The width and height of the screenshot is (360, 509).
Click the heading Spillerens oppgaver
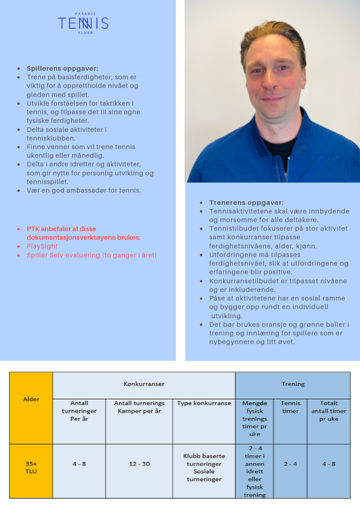tap(62, 68)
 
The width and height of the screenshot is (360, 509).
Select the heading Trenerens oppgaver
tap(246, 203)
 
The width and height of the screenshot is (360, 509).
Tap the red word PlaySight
tap(42, 246)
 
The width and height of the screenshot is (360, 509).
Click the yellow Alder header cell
tap(31, 399)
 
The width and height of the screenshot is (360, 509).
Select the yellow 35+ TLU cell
tap(31, 468)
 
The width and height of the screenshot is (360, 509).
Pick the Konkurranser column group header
tap(144, 384)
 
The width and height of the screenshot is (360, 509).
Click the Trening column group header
tap(293, 384)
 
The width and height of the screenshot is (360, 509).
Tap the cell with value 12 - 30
tap(139, 464)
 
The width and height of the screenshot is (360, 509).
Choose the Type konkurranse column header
tap(204, 403)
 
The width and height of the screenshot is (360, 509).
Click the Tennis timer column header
tap(290, 407)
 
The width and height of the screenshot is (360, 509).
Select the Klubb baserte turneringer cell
tap(204, 467)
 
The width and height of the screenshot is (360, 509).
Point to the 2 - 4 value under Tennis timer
tap(290, 464)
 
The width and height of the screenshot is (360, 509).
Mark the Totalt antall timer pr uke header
tap(329, 411)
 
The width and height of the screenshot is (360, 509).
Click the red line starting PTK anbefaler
tap(83, 233)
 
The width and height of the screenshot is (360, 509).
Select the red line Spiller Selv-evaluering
tap(91, 255)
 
